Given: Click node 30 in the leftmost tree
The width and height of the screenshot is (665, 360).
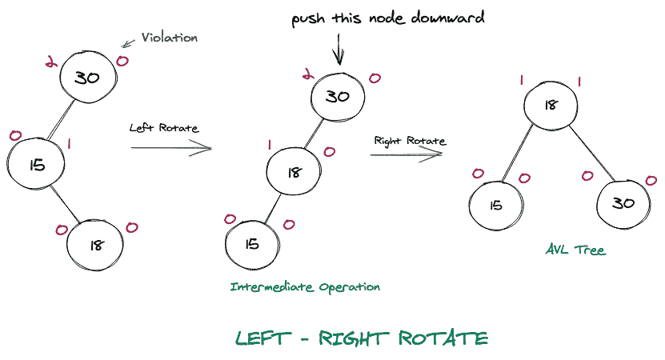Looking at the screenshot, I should pyautogui.click(x=87, y=77).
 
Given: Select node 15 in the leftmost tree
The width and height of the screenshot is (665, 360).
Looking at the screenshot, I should pyautogui.click(x=36, y=165).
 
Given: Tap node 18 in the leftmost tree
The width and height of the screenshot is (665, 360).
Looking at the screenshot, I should pyautogui.click(x=96, y=245).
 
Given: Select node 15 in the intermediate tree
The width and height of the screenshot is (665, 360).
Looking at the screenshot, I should pyautogui.click(x=252, y=243).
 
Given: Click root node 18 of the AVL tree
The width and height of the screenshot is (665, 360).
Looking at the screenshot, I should pyautogui.click(x=551, y=105).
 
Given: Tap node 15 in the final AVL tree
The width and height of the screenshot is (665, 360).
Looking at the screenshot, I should pyautogui.click(x=496, y=204).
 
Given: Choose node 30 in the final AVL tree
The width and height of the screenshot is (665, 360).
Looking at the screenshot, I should pyautogui.click(x=622, y=203).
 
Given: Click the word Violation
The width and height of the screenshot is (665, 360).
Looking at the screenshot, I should pyautogui.click(x=169, y=38).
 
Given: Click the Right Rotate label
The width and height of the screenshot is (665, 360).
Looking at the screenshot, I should pyautogui.click(x=409, y=141).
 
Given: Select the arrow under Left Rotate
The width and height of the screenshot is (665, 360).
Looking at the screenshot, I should pyautogui.click(x=170, y=148).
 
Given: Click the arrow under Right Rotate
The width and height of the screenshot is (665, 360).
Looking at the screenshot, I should pyautogui.click(x=406, y=154).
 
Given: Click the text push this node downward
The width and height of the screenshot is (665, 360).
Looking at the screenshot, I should pyautogui.click(x=387, y=18).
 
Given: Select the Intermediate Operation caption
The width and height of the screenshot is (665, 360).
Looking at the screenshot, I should pyautogui.click(x=305, y=286).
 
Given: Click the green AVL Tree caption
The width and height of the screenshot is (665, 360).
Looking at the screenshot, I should pyautogui.click(x=575, y=250).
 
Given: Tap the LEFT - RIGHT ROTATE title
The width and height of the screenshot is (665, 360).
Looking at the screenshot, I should pyautogui.click(x=362, y=338).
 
